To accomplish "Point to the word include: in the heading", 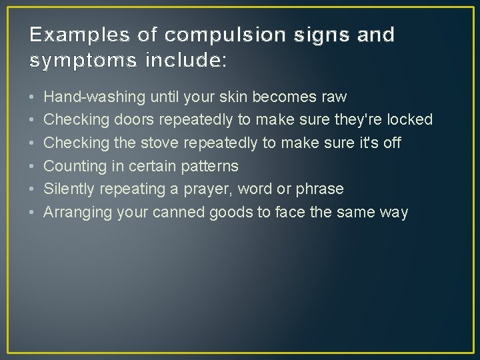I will pyautogui.click(x=185, y=61).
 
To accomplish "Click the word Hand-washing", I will pyautogui.click(x=94, y=97).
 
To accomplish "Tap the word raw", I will pyautogui.click(x=333, y=97).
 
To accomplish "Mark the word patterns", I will pyautogui.click(x=209, y=166).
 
